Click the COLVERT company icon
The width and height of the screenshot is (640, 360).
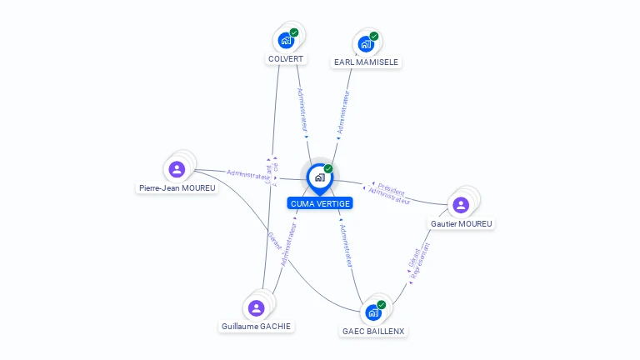(286, 40)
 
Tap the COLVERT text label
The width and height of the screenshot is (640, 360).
(286, 59)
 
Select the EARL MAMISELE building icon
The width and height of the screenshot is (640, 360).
(365, 43)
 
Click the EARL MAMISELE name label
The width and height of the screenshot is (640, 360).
(366, 62)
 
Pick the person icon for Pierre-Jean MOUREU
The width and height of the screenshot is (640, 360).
(177, 169)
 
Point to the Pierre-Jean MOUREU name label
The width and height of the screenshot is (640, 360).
(177, 188)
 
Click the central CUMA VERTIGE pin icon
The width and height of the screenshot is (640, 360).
(319, 177)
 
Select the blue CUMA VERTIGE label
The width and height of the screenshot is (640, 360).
(320, 203)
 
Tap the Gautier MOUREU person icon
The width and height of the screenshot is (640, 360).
(460, 205)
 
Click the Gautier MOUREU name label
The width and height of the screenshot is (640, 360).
(462, 223)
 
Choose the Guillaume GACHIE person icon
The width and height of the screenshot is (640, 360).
(256, 307)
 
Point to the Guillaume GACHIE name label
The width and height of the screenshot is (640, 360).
(257, 326)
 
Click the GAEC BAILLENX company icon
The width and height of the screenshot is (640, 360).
(372, 312)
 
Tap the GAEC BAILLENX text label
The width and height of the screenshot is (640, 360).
(373, 331)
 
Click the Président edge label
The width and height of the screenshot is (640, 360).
(391, 188)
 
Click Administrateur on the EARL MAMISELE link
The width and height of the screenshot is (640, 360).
(342, 112)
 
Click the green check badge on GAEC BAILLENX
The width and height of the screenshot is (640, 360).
(382, 304)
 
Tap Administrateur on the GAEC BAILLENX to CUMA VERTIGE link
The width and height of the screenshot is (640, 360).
(346, 246)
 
